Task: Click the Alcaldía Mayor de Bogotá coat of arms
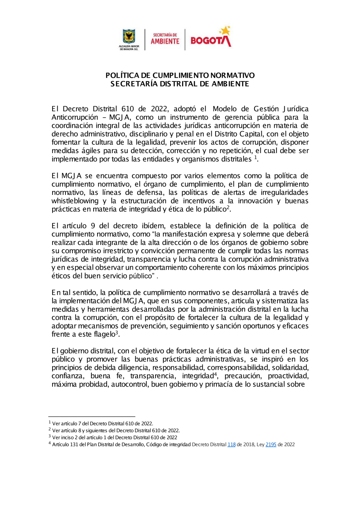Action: (129, 37)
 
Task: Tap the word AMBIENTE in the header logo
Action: (165, 41)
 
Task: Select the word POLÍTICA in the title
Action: (122, 75)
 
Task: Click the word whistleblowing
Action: (75, 201)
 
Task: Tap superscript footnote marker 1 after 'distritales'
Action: (255, 157)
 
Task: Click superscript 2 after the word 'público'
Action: (228, 207)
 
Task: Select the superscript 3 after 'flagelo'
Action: (117, 332)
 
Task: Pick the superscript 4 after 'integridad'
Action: (216, 374)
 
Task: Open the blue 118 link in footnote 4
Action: (231, 445)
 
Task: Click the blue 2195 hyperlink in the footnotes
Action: (271, 445)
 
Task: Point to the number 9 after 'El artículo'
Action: (93, 226)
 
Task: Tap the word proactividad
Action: (288, 376)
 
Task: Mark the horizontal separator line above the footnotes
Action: (92, 417)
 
